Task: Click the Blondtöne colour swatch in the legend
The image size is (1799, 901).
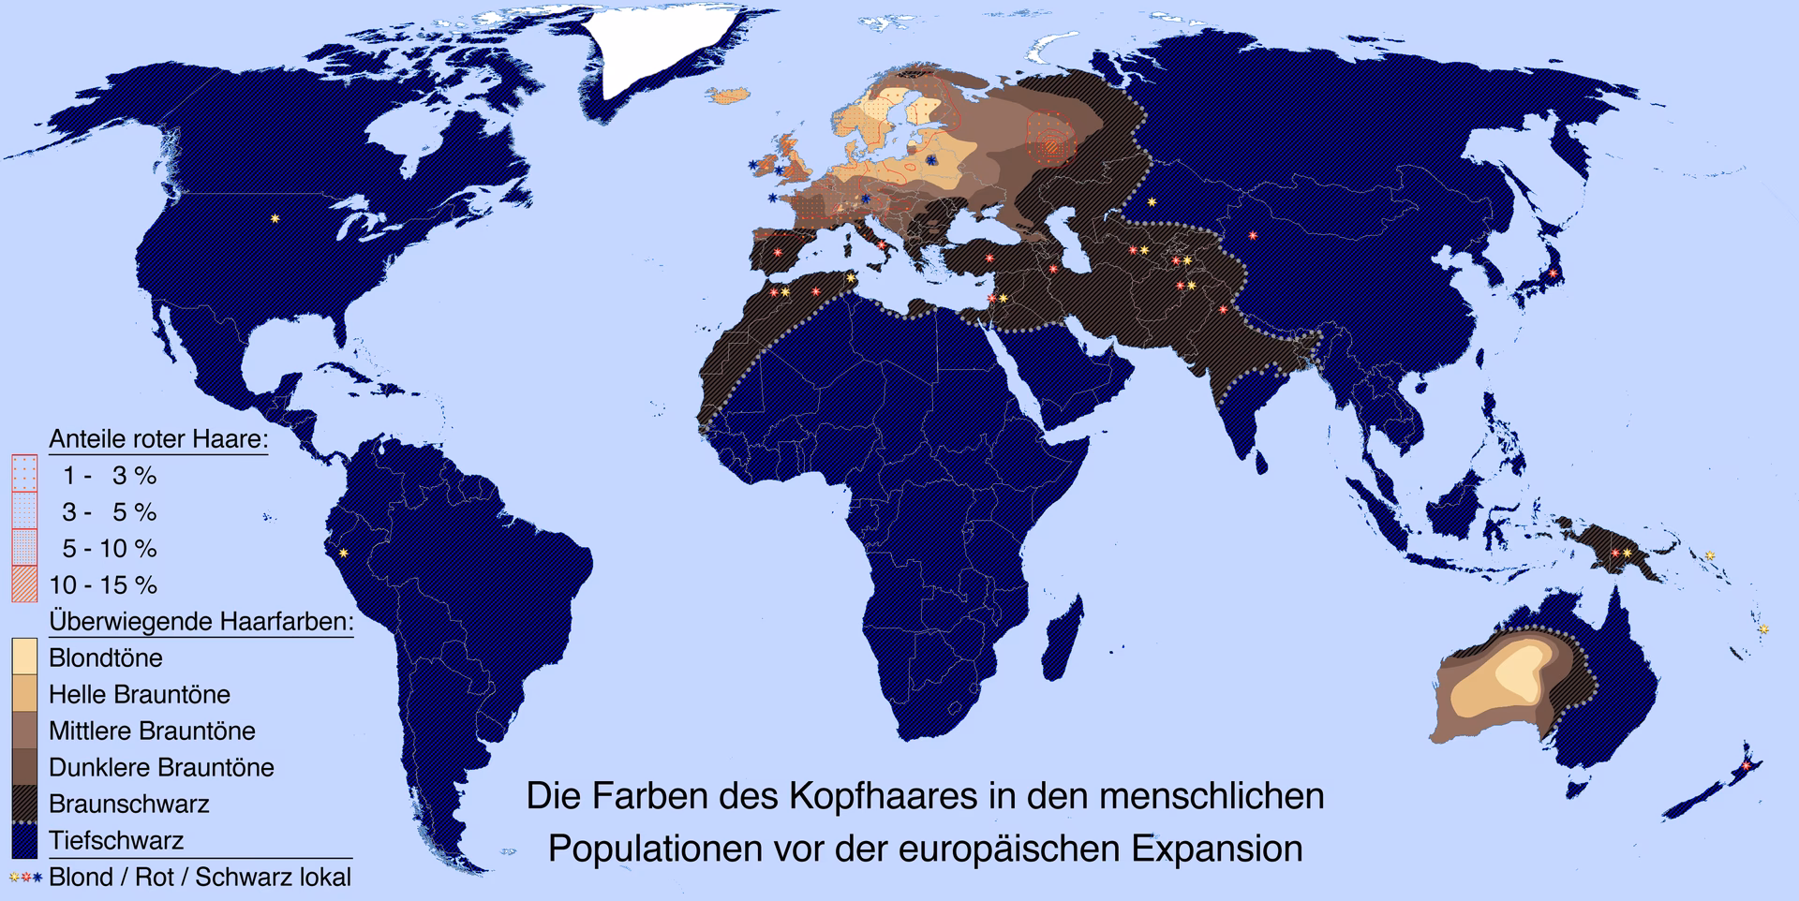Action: pyautogui.click(x=24, y=657)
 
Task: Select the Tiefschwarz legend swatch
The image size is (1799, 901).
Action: pyautogui.click(x=24, y=840)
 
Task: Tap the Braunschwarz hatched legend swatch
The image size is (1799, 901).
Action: pyautogui.click(x=24, y=804)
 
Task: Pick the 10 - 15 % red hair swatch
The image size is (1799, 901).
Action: pyautogui.click(x=24, y=584)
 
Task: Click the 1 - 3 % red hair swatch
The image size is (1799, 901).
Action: pyautogui.click(x=24, y=475)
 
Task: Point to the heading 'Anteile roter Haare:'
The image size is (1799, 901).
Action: pyautogui.click(x=158, y=439)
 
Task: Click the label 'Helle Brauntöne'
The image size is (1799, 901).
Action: pyautogui.click(x=140, y=694)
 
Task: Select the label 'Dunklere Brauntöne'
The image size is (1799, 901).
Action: pyautogui.click(x=161, y=767)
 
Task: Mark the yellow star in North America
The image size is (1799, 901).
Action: pyautogui.click(x=275, y=218)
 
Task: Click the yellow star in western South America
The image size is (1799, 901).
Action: pyautogui.click(x=344, y=553)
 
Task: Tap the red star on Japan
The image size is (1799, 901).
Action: pyautogui.click(x=1553, y=273)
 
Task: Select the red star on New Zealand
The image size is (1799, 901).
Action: pyautogui.click(x=1745, y=766)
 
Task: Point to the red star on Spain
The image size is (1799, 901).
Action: pyautogui.click(x=777, y=252)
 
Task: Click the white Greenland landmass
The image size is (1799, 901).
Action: pyautogui.click(x=675, y=47)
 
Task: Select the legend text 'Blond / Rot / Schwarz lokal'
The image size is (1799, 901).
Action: pyautogui.click(x=200, y=878)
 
